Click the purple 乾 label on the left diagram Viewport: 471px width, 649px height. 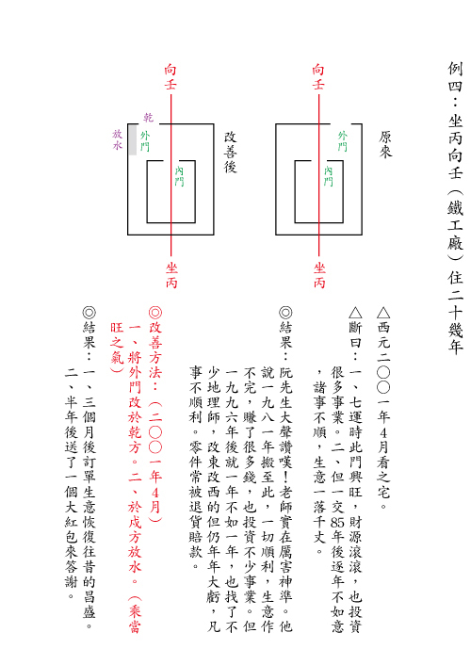click(x=149, y=117)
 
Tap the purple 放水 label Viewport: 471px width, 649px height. click(x=118, y=139)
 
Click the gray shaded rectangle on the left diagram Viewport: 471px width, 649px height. click(x=132, y=139)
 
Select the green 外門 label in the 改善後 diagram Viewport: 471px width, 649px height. click(x=145, y=141)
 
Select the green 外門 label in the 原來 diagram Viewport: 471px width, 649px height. click(x=343, y=141)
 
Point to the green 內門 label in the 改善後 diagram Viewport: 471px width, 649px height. click(x=179, y=176)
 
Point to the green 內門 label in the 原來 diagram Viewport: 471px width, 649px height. click(x=328, y=176)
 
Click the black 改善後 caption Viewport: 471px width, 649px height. click(x=231, y=152)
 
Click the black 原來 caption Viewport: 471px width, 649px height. click(x=385, y=144)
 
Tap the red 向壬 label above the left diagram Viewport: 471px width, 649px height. click(x=171, y=76)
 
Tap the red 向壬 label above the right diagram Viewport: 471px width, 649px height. click(x=318, y=76)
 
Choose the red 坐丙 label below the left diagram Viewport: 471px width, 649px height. click(x=171, y=275)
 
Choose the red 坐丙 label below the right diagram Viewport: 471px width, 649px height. click(x=319, y=275)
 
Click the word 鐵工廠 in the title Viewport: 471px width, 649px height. click(x=455, y=225)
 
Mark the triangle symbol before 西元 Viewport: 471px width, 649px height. click(x=383, y=313)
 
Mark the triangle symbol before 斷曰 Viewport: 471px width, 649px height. click(x=355, y=313)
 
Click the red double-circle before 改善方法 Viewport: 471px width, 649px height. click(x=155, y=313)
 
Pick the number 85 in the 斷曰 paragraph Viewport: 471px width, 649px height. click(x=337, y=523)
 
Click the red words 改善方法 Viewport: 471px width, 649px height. click(x=155, y=349)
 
